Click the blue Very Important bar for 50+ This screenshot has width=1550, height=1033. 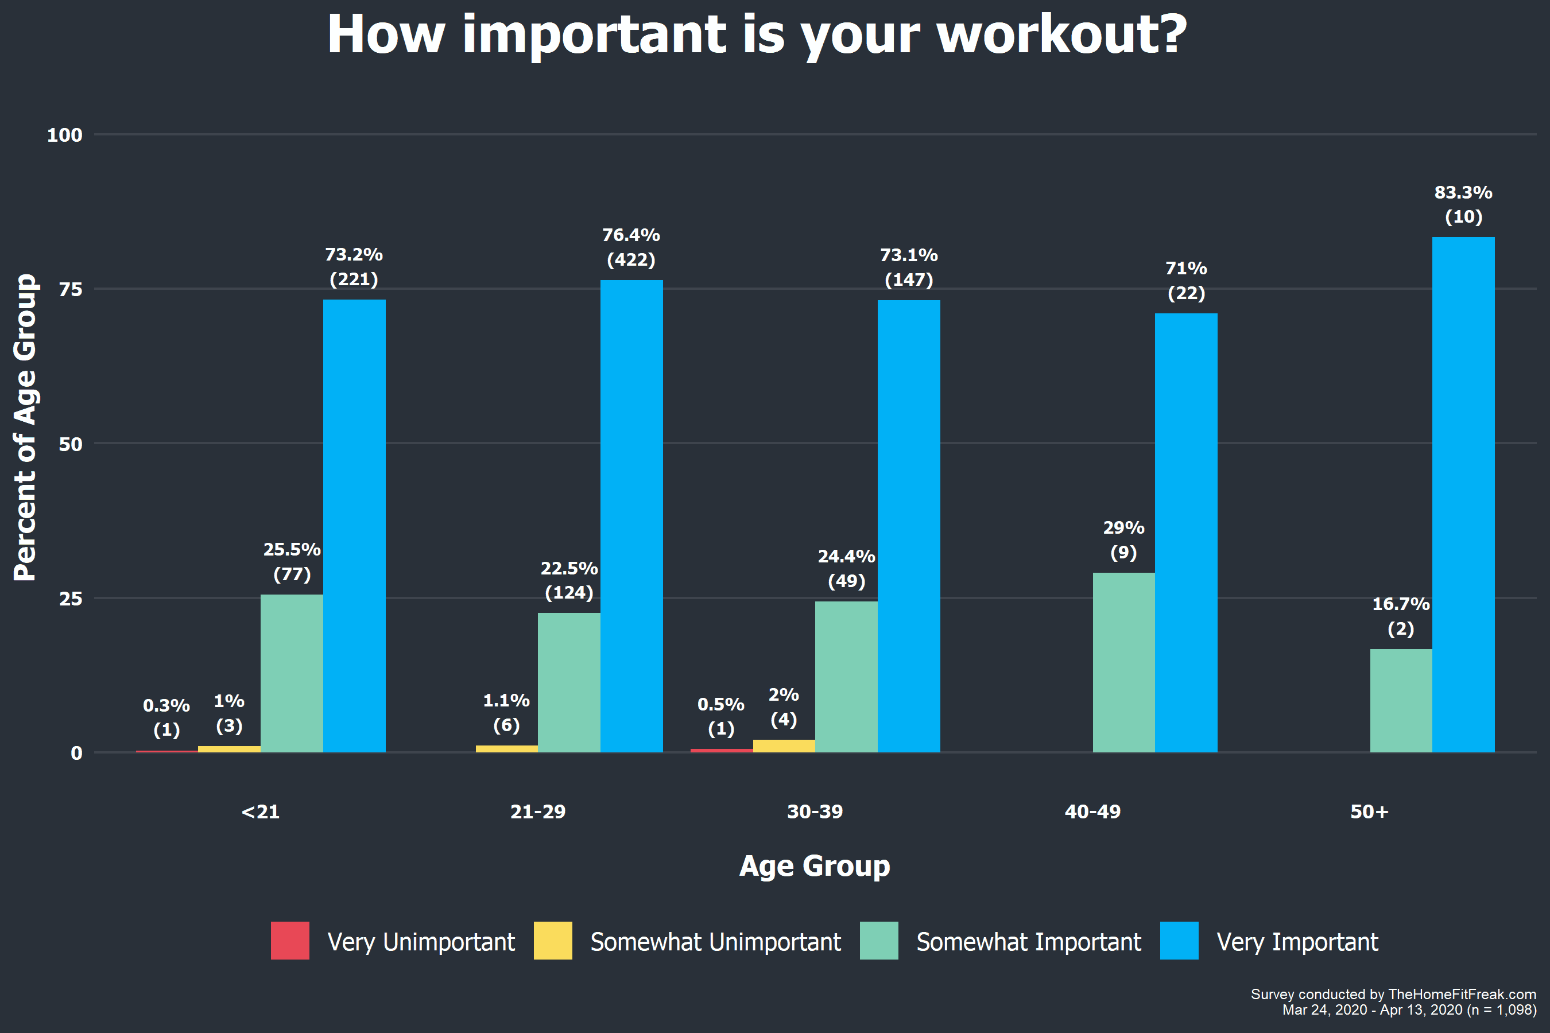[x=1463, y=494]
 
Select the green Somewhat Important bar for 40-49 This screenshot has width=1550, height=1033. [x=1123, y=662]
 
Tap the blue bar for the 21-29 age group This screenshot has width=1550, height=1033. [x=631, y=516]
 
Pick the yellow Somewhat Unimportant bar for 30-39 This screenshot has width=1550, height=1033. [x=784, y=745]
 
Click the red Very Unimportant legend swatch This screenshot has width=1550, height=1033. [x=290, y=940]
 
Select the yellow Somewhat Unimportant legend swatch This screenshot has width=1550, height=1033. [x=553, y=940]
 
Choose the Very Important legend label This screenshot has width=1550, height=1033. [x=1297, y=942]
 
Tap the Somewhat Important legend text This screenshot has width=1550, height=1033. [x=1029, y=942]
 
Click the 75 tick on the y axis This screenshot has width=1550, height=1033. [x=71, y=289]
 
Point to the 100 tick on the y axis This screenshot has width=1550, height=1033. [x=64, y=135]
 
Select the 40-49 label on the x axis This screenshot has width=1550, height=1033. [x=1092, y=811]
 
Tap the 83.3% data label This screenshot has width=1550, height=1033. [x=1463, y=192]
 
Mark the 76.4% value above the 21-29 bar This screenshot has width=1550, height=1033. [x=631, y=235]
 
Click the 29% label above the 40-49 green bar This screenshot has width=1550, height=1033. [x=1123, y=528]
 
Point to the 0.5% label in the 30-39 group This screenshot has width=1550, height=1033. [x=721, y=704]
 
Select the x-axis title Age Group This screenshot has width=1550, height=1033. [x=815, y=865]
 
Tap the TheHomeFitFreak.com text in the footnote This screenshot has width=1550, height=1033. [x=1462, y=994]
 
